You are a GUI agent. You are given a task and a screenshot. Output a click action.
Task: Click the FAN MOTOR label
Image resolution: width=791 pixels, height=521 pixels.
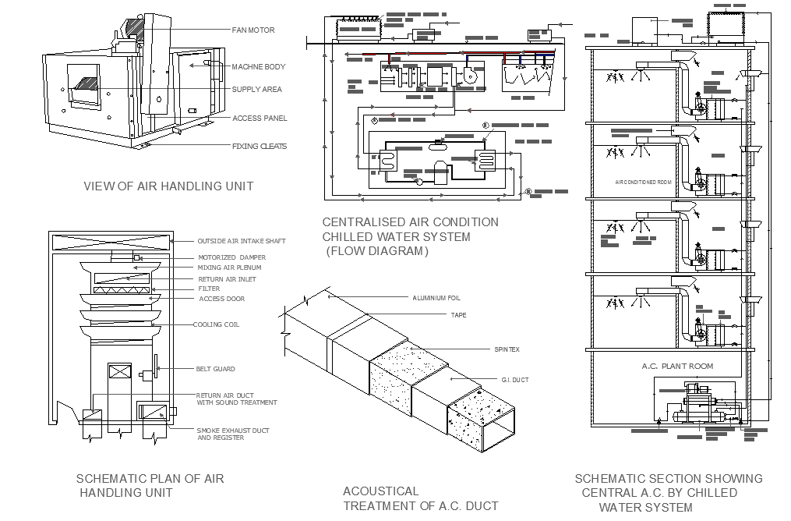[x=252, y=30]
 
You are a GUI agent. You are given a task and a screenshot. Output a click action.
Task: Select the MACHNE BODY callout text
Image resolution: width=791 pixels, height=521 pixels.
[x=258, y=67]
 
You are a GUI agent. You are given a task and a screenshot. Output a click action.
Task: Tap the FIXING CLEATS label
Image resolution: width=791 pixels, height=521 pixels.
[x=259, y=146]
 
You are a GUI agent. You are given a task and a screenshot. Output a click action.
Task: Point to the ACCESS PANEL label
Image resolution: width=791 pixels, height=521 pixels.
[x=259, y=118]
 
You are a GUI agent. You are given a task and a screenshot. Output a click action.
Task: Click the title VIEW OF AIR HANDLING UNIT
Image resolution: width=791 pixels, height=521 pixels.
[x=168, y=186]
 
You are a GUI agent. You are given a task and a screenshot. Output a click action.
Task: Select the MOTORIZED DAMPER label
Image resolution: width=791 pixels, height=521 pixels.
[x=231, y=257]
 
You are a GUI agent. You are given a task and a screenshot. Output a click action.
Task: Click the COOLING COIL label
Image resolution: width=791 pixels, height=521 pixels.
[x=216, y=324]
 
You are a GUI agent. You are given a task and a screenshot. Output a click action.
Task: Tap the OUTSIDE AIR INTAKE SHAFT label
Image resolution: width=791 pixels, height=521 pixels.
[x=241, y=241]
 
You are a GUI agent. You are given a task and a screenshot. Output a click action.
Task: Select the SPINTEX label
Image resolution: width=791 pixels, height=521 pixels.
[x=507, y=349]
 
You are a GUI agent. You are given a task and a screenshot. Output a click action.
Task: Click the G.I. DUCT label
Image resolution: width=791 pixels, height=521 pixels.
[x=514, y=380]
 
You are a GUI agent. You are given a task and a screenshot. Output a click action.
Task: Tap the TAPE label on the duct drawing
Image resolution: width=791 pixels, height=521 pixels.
[x=458, y=315]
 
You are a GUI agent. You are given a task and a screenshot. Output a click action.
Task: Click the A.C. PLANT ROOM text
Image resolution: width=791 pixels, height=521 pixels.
[x=676, y=366]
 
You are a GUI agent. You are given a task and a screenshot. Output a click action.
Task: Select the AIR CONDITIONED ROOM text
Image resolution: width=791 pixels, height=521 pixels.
[x=643, y=182]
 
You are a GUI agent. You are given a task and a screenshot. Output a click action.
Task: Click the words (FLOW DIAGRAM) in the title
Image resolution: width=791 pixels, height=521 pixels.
[x=376, y=251]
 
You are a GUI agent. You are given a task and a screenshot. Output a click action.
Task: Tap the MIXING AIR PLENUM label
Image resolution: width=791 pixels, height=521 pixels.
[x=229, y=268]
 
